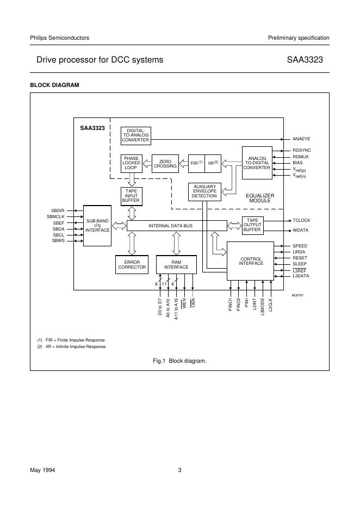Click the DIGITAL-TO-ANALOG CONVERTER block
pyautogui.click(x=135, y=135)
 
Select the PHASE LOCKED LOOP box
pyautogui.click(x=131, y=164)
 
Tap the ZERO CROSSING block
pyautogui.click(x=165, y=164)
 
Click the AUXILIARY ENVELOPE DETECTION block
pyautogui.click(x=204, y=191)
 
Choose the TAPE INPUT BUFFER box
pyautogui.click(x=131, y=196)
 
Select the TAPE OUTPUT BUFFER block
pyautogui.click(x=252, y=226)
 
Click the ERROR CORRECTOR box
pyautogui.click(x=132, y=264)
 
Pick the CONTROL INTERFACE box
pyautogui.click(x=251, y=261)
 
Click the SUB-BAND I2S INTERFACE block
pyautogui.click(x=98, y=226)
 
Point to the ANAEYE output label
pyautogui.click(x=301, y=139)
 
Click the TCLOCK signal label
pyautogui.click(x=301, y=221)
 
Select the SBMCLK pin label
pyautogui.click(x=55, y=216)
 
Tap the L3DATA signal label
pyautogui.click(x=301, y=276)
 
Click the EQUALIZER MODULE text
pyautogui.click(x=260, y=198)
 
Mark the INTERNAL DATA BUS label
pyautogui.click(x=170, y=225)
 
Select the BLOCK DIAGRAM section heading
pyautogui.click(x=54, y=85)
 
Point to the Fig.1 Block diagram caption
pyautogui.click(x=179, y=361)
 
